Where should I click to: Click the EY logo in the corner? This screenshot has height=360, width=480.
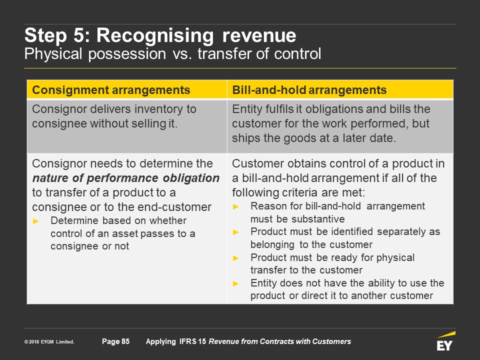446,340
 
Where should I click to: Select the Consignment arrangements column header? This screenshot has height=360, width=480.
111,90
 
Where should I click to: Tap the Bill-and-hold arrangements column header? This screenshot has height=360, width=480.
309,90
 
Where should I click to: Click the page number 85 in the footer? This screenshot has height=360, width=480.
125,341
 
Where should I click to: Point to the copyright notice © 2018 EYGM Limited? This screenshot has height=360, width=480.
49,341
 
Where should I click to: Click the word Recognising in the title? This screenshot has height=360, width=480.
155,36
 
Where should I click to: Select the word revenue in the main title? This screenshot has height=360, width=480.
259,36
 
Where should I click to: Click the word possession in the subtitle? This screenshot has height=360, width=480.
127,54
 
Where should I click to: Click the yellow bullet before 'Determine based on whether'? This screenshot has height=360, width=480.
36,221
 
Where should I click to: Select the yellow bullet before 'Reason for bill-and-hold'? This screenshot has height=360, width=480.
235,206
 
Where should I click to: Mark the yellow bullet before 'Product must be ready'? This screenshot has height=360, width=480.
235,258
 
